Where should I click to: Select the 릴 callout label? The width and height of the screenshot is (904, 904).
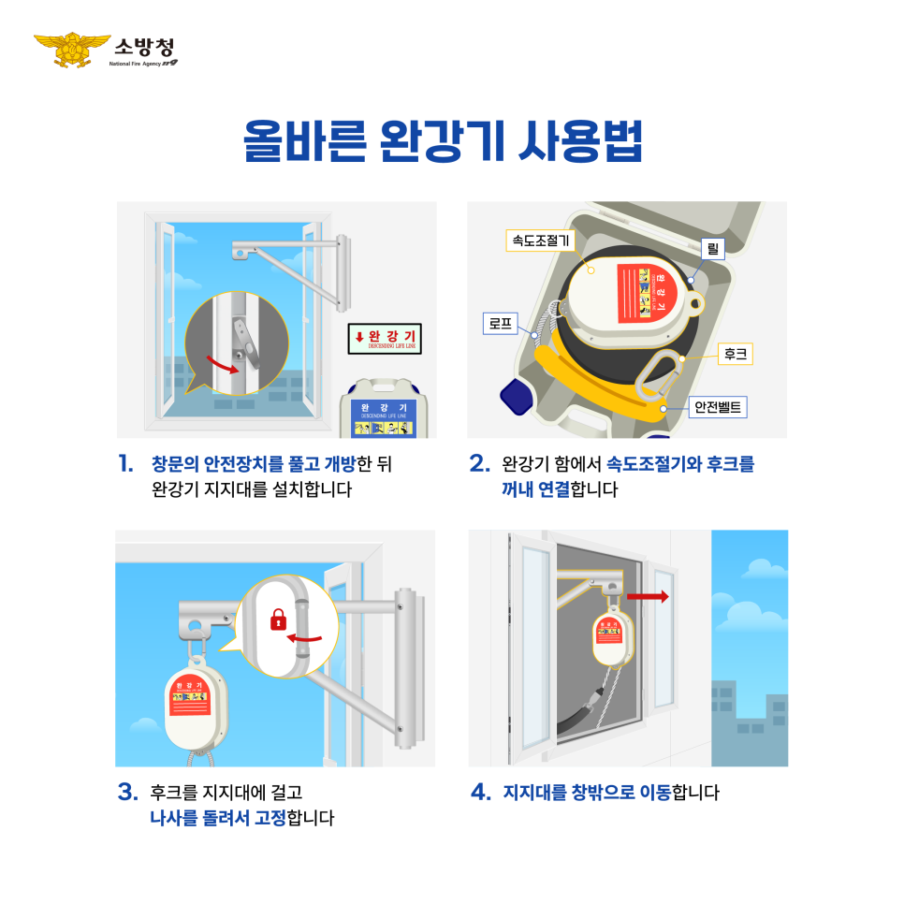(x=713, y=249)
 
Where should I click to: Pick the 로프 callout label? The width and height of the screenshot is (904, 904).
(x=497, y=325)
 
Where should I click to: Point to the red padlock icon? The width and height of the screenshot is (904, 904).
(x=277, y=619)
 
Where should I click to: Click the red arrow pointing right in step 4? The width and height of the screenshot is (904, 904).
(x=648, y=595)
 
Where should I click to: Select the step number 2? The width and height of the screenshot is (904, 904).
(x=480, y=464)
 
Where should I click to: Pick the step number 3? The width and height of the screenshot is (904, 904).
(x=128, y=793)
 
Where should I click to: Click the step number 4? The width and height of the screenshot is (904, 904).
(x=481, y=793)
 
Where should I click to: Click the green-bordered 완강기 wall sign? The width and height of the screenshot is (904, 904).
(x=385, y=338)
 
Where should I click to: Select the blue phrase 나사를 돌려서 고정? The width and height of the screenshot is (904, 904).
(x=217, y=818)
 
